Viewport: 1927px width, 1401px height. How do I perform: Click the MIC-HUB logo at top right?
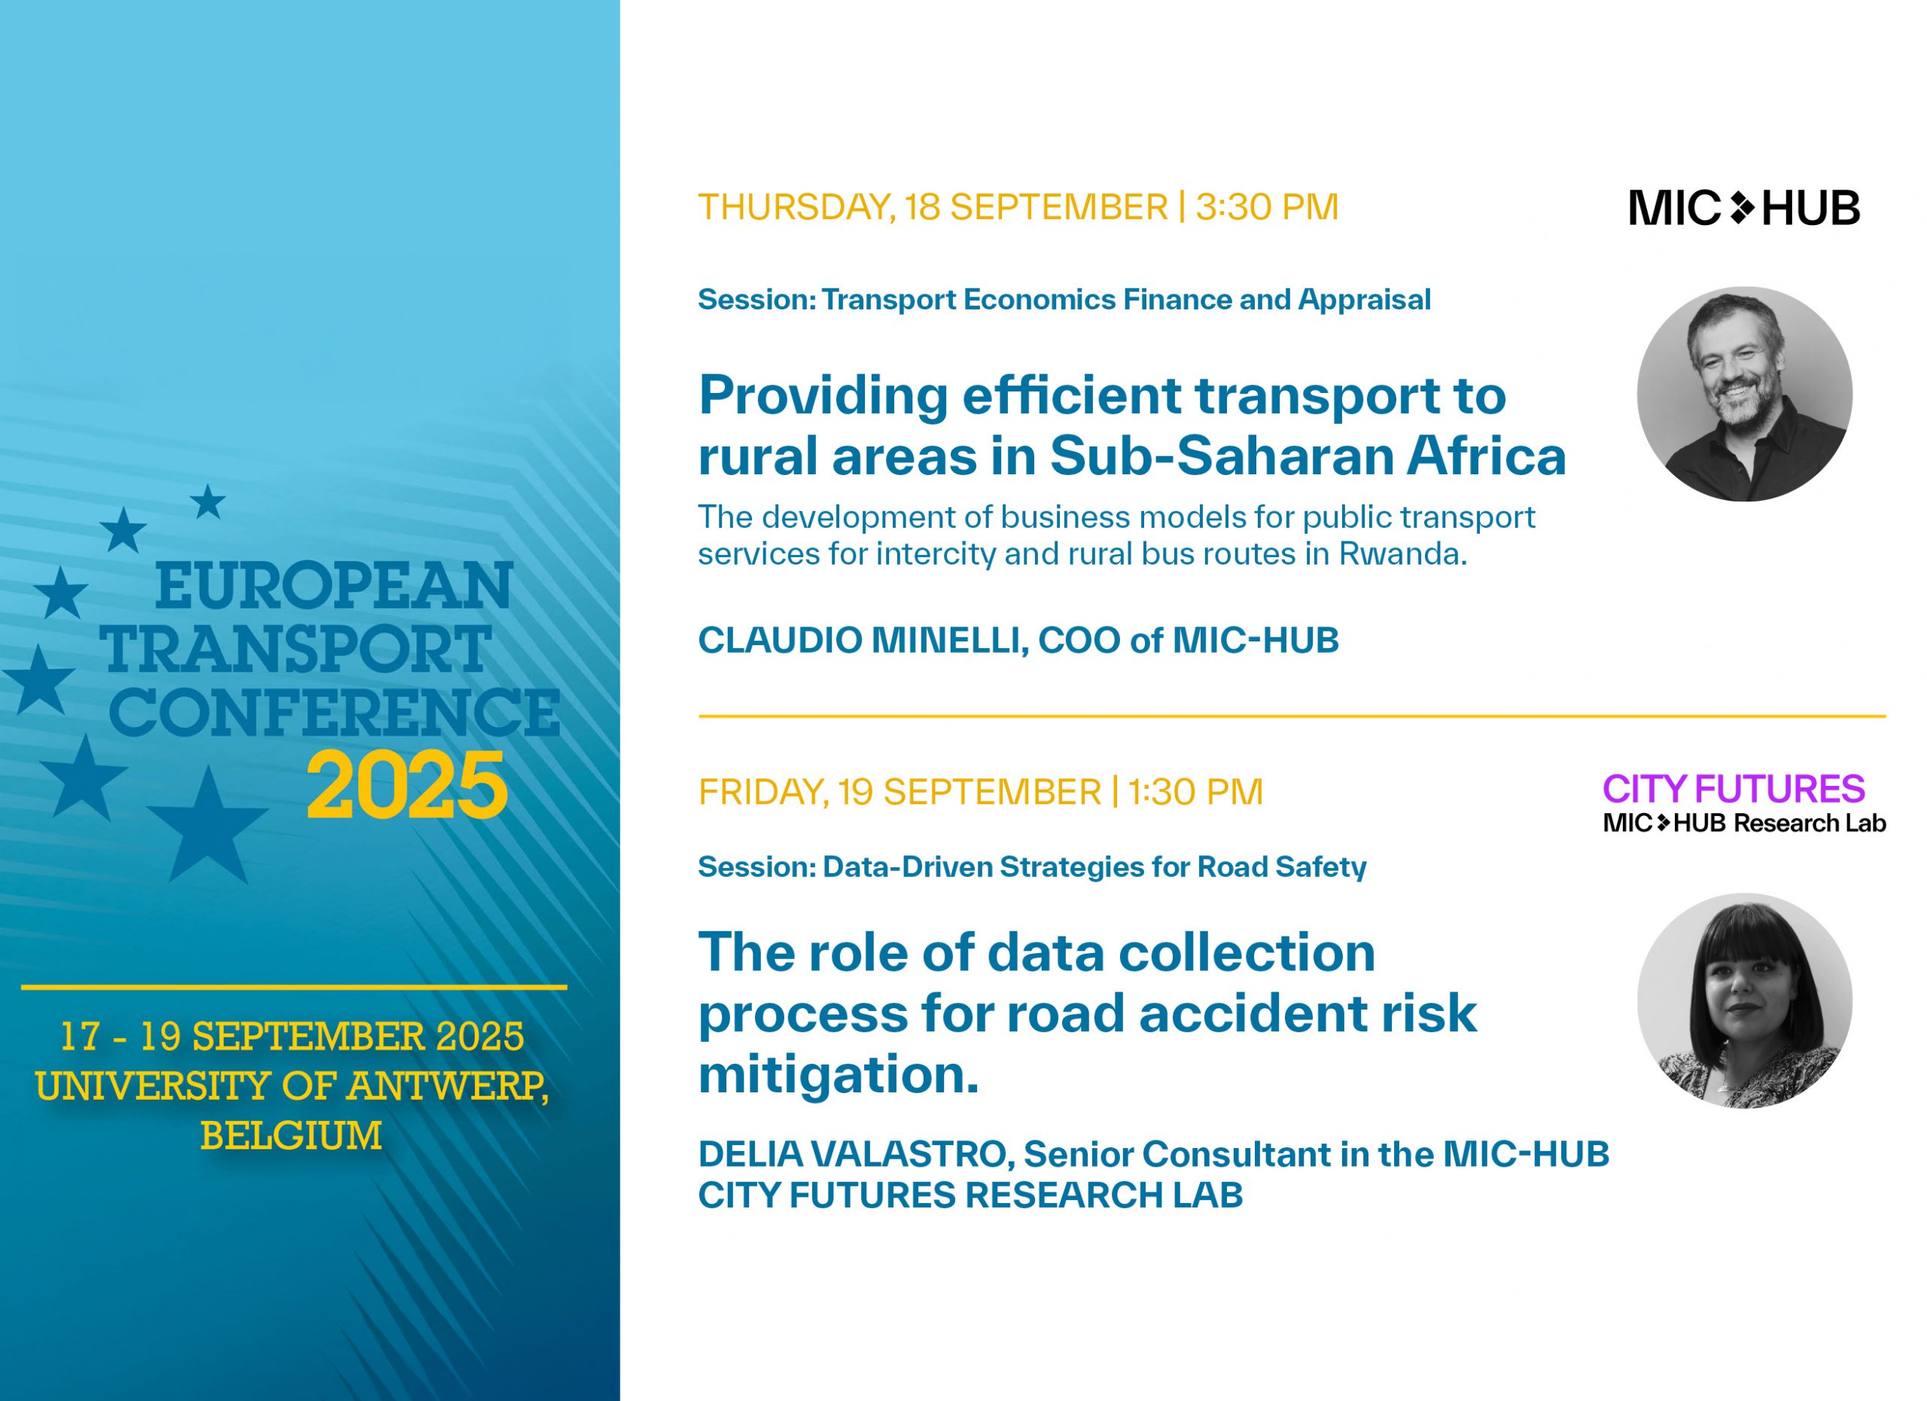[x=1744, y=208]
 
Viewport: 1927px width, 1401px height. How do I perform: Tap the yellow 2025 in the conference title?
[x=407, y=786]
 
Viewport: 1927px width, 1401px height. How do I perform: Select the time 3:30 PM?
[x=1267, y=208]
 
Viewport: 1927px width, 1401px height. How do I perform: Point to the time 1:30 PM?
[x=1195, y=792]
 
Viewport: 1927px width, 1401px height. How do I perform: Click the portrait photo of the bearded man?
[x=1744, y=394]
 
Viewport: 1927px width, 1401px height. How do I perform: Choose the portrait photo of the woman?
[x=1744, y=1000]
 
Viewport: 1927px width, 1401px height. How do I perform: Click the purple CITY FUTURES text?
[x=1734, y=789]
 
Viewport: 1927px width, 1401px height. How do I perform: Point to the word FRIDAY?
[x=761, y=793]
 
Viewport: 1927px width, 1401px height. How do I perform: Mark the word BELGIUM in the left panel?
[x=291, y=1135]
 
